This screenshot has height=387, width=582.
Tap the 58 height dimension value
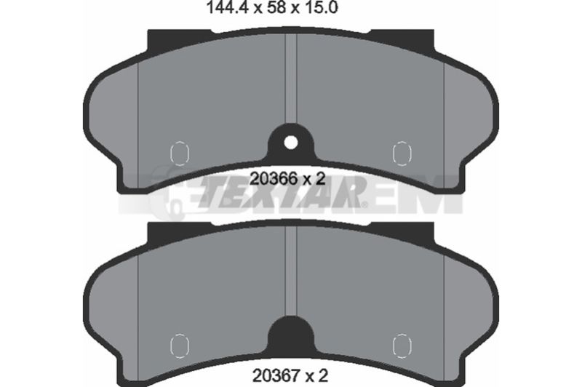coord(276,8)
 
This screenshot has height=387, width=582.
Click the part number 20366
coord(274,179)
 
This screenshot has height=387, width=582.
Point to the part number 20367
coord(276,376)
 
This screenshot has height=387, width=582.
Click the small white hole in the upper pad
coord(290,143)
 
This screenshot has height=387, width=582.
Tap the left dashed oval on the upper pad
coord(180,153)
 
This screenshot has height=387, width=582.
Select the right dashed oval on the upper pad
coord(402,153)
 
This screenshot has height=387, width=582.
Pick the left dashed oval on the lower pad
coord(180,346)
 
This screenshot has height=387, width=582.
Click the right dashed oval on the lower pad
coord(402,346)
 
